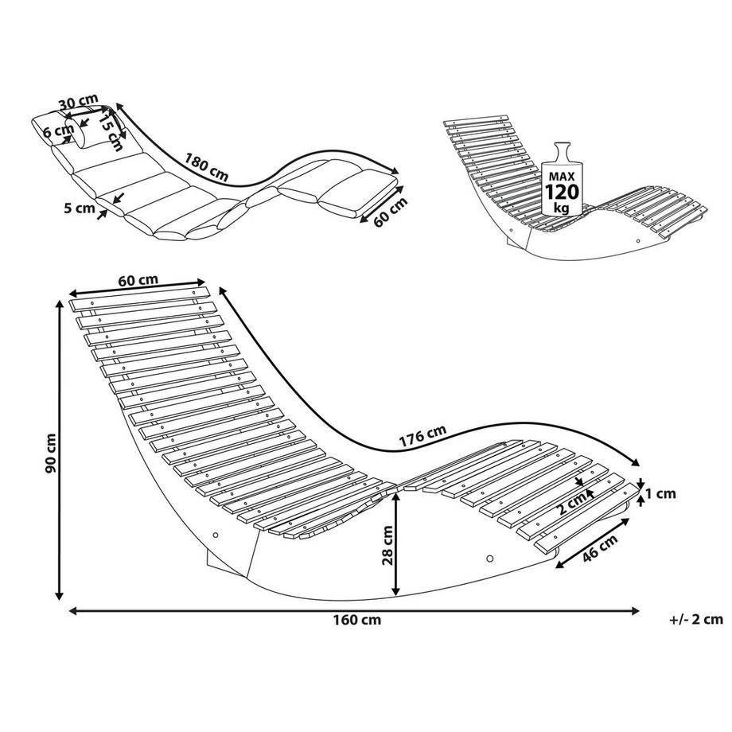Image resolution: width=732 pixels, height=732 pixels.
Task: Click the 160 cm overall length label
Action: tap(357, 620)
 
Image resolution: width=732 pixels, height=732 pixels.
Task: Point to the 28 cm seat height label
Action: tap(387, 545)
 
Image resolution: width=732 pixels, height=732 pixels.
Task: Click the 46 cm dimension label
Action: tap(601, 548)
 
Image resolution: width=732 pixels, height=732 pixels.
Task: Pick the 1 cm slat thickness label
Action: tap(660, 493)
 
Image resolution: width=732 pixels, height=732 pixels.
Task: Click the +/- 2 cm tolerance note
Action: tap(696, 620)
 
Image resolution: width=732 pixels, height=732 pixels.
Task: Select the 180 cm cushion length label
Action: tap(206, 167)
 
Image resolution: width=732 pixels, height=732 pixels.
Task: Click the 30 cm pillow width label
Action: tap(79, 102)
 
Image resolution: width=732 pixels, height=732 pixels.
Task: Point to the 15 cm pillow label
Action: tap(111, 132)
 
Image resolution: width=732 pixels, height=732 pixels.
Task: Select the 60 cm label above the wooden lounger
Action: tap(138, 281)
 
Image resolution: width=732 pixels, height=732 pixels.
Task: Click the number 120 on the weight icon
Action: tap(562, 192)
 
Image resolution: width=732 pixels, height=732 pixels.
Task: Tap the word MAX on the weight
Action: tap(562, 177)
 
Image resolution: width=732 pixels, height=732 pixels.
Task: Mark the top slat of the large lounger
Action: tap(139, 299)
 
